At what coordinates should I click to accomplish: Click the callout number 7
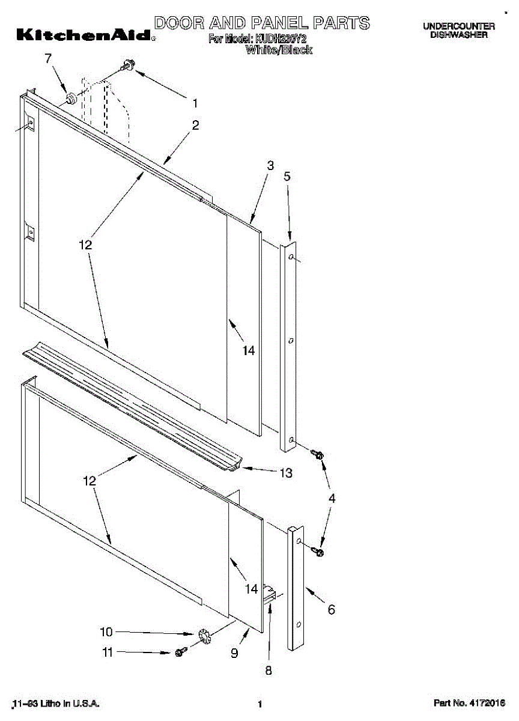click(49, 58)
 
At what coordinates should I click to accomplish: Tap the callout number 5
click(287, 176)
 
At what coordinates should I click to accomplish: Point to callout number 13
click(285, 473)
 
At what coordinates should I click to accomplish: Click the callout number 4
click(332, 498)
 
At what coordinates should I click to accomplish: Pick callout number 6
click(331, 610)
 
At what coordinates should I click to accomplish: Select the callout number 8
click(269, 671)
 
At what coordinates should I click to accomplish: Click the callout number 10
click(106, 632)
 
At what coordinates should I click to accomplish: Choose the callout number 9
click(234, 653)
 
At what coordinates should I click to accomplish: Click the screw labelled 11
click(180, 653)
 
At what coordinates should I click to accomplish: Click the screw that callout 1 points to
click(127, 65)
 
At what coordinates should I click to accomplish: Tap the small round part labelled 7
click(71, 97)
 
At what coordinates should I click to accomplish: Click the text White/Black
click(279, 50)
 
